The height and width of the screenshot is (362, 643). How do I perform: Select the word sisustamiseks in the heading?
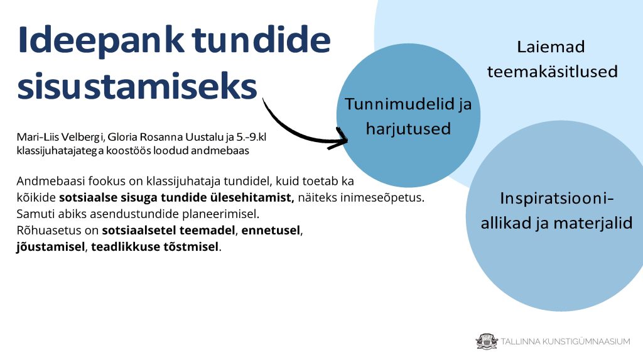click(137, 86)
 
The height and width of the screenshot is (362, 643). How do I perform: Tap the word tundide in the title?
click(261, 40)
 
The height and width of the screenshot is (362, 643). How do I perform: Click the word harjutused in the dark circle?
click(408, 128)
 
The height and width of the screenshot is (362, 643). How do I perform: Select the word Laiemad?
click(551, 47)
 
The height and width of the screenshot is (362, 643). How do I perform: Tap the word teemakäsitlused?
click(553, 72)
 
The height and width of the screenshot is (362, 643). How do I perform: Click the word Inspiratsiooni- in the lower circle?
click(557, 198)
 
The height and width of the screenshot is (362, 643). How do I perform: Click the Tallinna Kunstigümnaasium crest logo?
click(487, 341)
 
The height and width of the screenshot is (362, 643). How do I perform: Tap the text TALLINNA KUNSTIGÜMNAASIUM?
click(566, 341)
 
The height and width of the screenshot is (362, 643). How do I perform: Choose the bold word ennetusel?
click(271, 230)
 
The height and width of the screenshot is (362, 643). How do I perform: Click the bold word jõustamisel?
click(50, 247)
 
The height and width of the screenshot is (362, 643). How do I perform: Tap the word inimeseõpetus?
click(361, 197)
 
